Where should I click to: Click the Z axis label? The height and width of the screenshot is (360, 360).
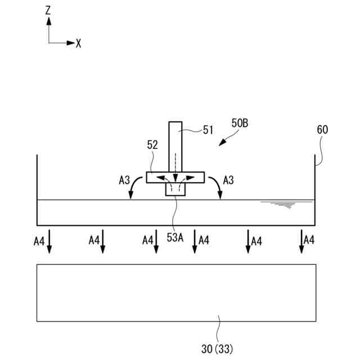pos(49,10)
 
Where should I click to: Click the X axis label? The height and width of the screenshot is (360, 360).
pos(79,43)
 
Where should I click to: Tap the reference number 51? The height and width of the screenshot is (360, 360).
pos(208,130)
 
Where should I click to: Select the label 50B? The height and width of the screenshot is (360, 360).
pos(240,123)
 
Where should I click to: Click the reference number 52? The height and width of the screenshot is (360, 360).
pos(152,145)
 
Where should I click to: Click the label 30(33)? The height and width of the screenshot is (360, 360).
pos(217,349)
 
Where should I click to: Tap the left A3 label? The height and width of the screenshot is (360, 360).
pos(125,180)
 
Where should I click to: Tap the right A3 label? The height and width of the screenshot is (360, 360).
pos(228,180)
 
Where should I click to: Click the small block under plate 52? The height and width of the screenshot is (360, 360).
pos(175,190)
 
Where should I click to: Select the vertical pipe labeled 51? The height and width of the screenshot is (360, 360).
pos(175,146)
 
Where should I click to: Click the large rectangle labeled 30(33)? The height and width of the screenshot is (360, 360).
pos(175,292)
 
